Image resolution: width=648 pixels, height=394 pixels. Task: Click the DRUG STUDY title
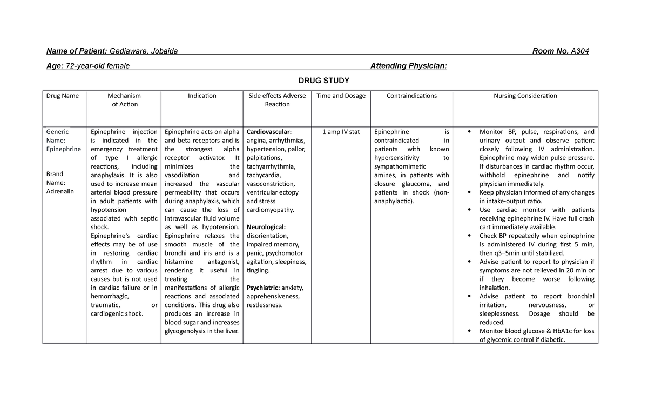click(323, 81)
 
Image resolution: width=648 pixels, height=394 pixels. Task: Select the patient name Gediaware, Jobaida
click(144, 51)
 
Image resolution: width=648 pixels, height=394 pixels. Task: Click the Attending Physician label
click(408, 66)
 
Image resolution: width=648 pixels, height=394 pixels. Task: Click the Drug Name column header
click(62, 96)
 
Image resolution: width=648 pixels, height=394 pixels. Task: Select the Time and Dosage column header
click(341, 96)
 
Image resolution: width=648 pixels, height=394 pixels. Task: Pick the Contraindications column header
click(411, 96)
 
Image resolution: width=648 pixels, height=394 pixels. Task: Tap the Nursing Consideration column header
click(525, 96)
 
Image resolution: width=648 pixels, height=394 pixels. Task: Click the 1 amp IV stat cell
click(341, 132)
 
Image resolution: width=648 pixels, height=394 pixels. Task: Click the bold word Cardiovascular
click(269, 132)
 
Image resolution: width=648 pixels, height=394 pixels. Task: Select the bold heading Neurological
click(266, 227)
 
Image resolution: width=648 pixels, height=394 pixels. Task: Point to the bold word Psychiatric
click(263, 288)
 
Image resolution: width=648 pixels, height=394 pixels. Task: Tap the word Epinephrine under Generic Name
click(63, 149)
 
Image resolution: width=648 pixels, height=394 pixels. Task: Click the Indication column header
click(202, 96)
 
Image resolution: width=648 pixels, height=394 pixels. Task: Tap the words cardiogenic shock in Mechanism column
click(117, 314)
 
